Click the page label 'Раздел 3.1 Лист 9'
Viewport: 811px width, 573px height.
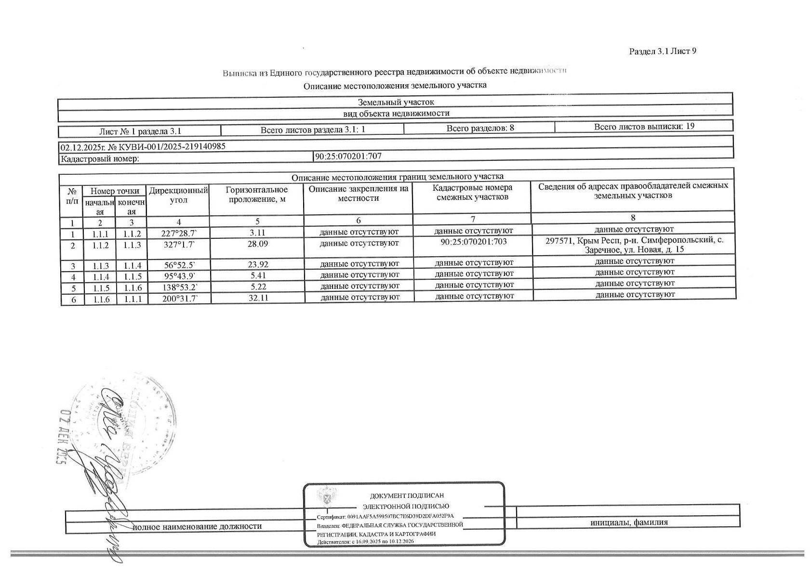pyautogui.click(x=662, y=52)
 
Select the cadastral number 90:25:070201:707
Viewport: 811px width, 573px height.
pyautogui.click(x=348, y=156)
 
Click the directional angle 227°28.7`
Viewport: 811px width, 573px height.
pyautogui.click(x=179, y=234)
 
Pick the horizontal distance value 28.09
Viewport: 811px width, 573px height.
pyautogui.click(x=257, y=244)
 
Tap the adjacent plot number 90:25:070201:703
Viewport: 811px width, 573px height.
pyautogui.click(x=473, y=242)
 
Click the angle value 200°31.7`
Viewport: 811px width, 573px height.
pyautogui.click(x=179, y=299)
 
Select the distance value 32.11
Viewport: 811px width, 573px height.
pyautogui.click(x=257, y=298)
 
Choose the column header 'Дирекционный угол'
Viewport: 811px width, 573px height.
pyautogui.click(x=178, y=195)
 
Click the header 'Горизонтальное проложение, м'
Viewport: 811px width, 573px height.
pyautogui.click(x=257, y=195)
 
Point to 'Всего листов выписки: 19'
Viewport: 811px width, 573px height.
pyautogui.click(x=644, y=127)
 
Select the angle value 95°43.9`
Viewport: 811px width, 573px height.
pyautogui.click(x=179, y=276)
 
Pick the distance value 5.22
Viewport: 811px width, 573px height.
pyautogui.click(x=257, y=287)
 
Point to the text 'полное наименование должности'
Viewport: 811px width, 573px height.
pyautogui.click(x=197, y=526)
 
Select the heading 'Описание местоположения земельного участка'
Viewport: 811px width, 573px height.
pyautogui.click(x=395, y=86)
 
